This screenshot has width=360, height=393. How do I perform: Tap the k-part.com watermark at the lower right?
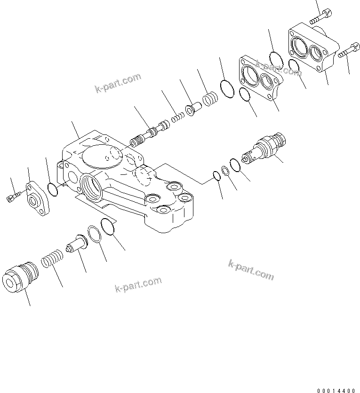point(251,270)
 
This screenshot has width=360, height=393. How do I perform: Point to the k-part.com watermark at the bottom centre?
point(138,284)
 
